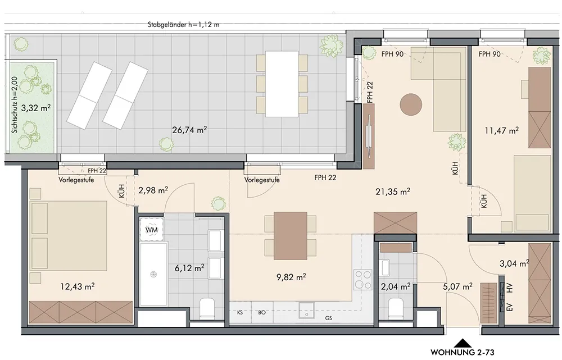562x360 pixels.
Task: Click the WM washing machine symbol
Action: pyautogui.click(x=152, y=229)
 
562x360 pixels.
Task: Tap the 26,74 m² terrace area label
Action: pyautogui.click(x=189, y=130)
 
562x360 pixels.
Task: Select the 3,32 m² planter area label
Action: pyautogui.click(x=36, y=108)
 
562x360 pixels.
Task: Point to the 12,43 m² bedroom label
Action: pyautogui.click(x=78, y=286)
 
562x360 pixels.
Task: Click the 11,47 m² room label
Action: pyautogui.click(x=502, y=130)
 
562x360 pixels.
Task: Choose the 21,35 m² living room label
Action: pyautogui.click(x=393, y=192)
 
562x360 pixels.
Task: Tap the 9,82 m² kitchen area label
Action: pyautogui.click(x=291, y=276)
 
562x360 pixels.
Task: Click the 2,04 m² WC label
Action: pyautogui.click(x=396, y=286)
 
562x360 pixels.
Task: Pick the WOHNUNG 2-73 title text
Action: pyautogui.click(x=463, y=352)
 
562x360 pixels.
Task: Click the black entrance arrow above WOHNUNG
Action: pyautogui.click(x=463, y=341)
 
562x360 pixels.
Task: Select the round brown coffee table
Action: pyautogui.click(x=411, y=104)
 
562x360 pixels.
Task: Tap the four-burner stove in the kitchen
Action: pyautogui.click(x=362, y=280)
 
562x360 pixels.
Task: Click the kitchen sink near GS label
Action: pyautogui.click(x=307, y=310)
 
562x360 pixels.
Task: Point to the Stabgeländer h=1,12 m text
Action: pyautogui.click(x=184, y=25)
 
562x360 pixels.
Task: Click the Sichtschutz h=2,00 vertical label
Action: pyautogui.click(x=15, y=105)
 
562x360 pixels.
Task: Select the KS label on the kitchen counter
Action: pyautogui.click(x=240, y=312)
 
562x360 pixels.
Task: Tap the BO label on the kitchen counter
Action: pyautogui.click(x=262, y=312)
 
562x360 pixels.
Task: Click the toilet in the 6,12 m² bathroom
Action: pyautogui.click(x=207, y=308)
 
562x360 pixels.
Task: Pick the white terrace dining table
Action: pyautogui.click(x=282, y=84)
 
